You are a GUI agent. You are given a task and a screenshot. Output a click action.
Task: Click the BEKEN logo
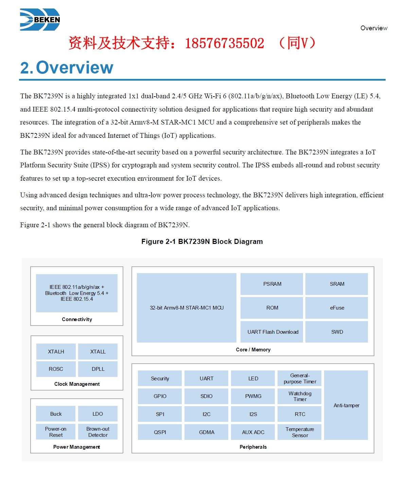pos(40,20)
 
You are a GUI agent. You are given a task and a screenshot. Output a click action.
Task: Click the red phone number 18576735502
pos(225,43)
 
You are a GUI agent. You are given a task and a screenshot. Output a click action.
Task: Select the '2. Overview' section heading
pos(67,67)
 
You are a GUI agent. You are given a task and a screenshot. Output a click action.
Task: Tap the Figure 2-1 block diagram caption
pos(202,242)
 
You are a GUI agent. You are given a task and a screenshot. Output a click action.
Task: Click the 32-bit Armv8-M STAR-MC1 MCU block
pos(187,308)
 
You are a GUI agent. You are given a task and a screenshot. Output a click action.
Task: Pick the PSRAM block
pos(272,284)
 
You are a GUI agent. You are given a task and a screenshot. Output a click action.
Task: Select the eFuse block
pos(337,308)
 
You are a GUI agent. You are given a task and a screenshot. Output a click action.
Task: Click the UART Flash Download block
pos(272,332)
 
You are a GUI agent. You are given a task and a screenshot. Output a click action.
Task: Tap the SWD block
pos(337,332)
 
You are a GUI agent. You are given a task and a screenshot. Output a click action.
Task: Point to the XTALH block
pos(56,351)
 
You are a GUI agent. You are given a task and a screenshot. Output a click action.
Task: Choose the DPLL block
pos(98,369)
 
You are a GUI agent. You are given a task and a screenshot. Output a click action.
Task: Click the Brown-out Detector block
pos(98,432)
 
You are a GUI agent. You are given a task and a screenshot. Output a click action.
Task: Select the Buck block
pos(56,414)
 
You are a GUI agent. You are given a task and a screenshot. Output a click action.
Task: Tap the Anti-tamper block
pos(346,405)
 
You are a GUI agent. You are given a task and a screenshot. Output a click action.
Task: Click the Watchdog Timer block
pos(300,396)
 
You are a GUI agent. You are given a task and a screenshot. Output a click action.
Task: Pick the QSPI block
pos(160,432)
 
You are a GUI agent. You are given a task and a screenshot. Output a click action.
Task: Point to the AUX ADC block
pos(253,432)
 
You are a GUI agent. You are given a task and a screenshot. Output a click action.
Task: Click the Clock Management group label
pos(77,384)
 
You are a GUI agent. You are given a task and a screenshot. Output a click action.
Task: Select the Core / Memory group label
pos(253,350)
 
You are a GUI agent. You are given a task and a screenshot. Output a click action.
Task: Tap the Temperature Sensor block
pos(300,432)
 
